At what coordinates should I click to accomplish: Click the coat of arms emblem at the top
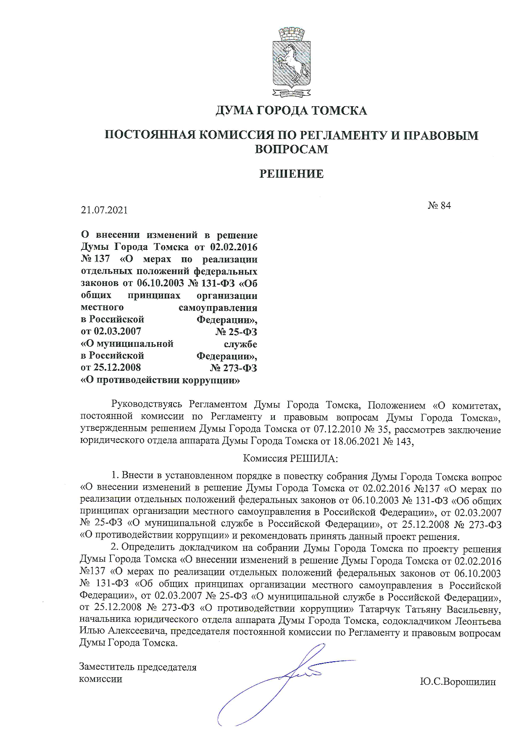[291, 62]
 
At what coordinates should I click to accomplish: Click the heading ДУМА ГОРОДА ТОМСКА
[291, 111]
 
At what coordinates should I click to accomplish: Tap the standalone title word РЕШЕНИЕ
[291, 174]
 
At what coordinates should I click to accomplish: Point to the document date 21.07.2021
[104, 210]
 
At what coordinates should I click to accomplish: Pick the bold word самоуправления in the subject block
[218, 308]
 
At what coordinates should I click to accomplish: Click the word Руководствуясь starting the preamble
[147, 405]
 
